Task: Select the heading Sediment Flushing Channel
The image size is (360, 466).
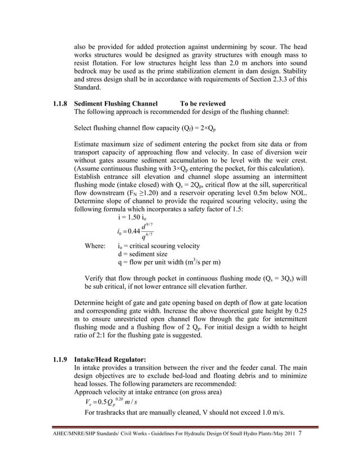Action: (x=113, y=104)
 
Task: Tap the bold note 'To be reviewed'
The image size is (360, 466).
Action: (x=203, y=104)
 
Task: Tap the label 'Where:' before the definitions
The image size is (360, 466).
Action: (x=94, y=246)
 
